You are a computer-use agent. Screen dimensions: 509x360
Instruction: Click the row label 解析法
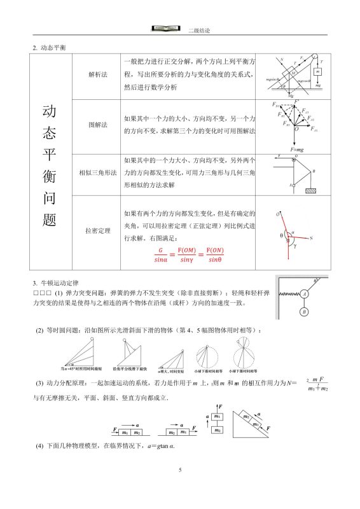click(x=97, y=74)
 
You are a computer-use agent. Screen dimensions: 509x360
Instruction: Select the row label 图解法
click(x=97, y=125)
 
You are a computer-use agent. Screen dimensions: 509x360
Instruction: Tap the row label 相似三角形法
click(x=97, y=173)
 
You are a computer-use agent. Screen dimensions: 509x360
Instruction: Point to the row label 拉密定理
click(x=97, y=230)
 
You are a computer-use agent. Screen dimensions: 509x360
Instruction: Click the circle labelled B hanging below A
click(x=305, y=312)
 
